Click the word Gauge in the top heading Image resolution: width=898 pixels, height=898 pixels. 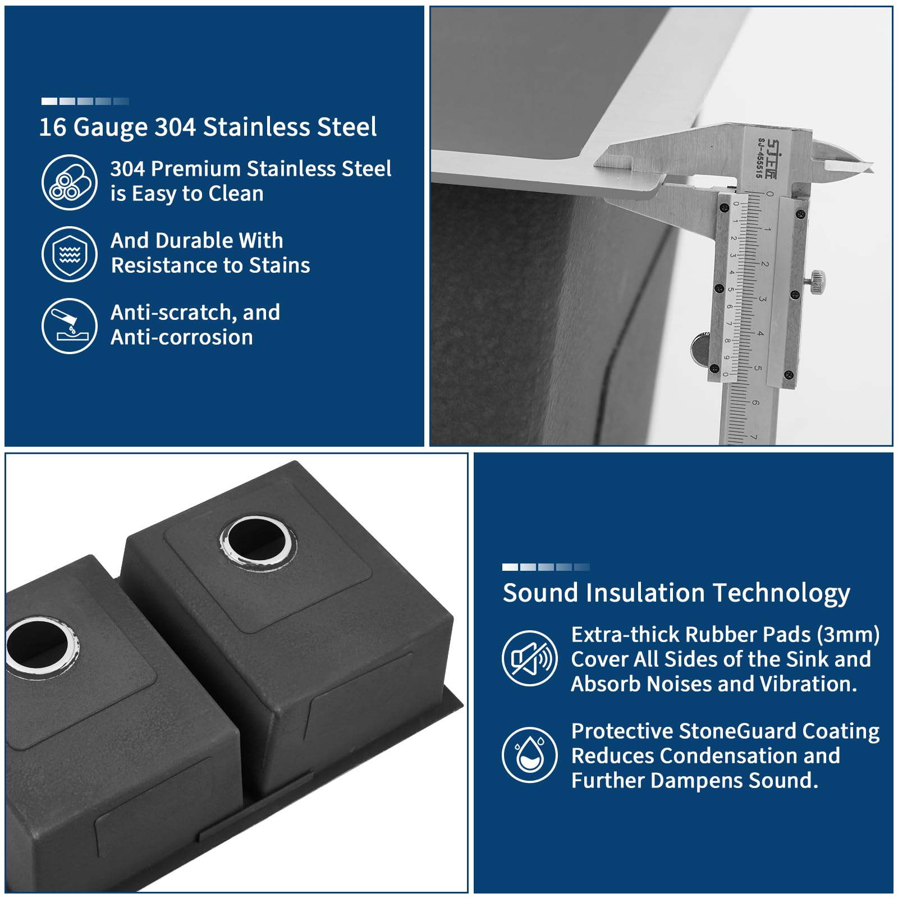point(111,127)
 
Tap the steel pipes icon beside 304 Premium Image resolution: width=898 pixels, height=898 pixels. point(70,182)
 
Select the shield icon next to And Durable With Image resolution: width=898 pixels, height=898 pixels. point(70,254)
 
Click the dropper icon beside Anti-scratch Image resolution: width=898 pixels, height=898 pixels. point(70,326)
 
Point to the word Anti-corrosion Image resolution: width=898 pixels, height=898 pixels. point(182,337)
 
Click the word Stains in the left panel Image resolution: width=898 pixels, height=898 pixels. point(280,265)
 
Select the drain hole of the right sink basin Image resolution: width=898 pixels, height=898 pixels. point(258,542)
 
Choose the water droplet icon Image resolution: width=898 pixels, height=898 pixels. point(530,755)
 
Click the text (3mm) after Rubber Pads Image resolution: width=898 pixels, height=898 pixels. point(848,635)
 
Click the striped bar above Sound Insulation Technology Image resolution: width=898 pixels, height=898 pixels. point(546,567)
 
